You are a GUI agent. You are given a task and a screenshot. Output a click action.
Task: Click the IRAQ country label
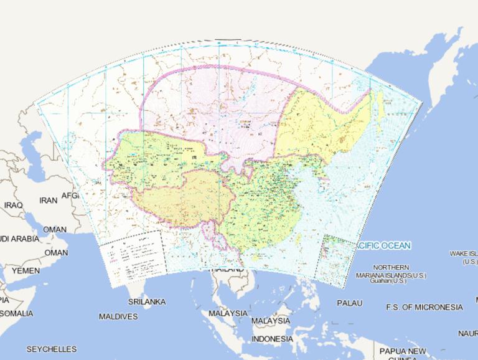click(13, 204)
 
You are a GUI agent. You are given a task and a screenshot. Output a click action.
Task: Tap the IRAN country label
click(48, 201)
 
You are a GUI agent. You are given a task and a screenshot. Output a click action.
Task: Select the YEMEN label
click(25, 271)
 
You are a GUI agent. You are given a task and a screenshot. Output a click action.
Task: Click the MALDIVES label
click(118, 316)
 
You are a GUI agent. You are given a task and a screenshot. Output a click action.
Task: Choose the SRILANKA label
click(147, 301)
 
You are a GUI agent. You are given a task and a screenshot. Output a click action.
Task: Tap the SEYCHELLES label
click(52, 349)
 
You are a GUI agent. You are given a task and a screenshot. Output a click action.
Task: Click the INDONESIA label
click(272, 339)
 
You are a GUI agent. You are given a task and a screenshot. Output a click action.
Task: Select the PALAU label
click(349, 303)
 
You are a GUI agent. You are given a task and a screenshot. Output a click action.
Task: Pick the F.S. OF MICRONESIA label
click(424, 307)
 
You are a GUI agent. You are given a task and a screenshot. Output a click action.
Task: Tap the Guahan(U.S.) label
click(387, 281)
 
